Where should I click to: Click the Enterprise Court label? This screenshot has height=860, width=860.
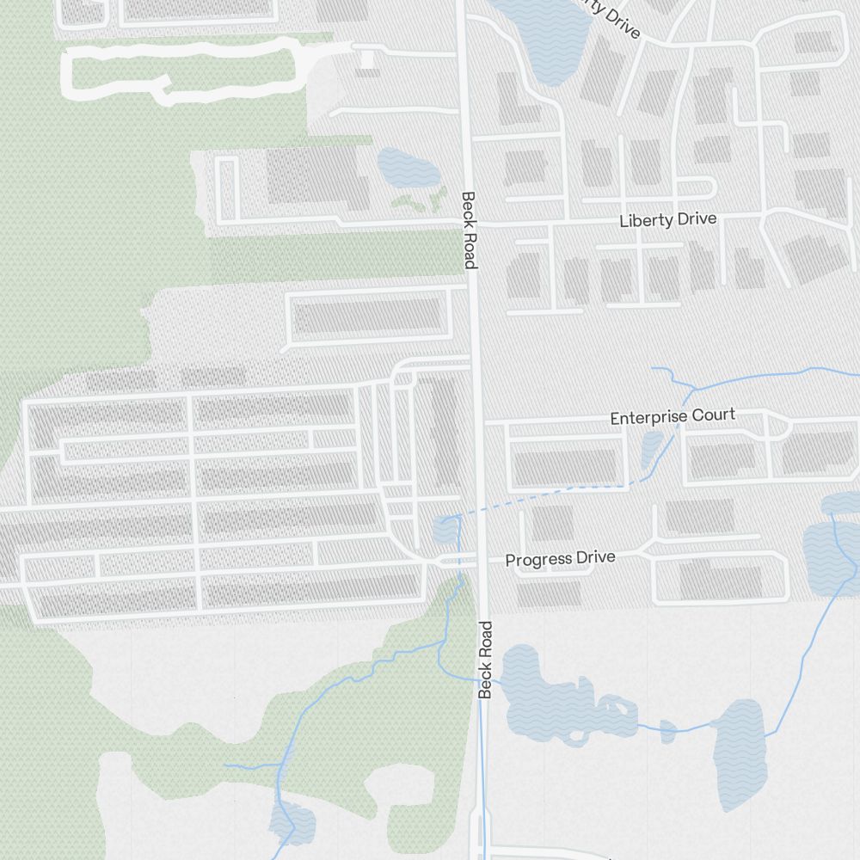click(673, 417)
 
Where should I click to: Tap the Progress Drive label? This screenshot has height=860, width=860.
click(560, 559)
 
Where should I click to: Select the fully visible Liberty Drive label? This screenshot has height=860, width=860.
click(667, 220)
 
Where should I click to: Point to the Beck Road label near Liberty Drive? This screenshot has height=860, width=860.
click(469, 230)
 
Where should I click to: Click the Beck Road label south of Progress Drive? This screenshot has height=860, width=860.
click(485, 659)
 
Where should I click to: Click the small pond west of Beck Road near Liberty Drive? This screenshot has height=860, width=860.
click(396, 169)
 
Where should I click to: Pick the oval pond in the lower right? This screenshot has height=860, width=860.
click(740, 752)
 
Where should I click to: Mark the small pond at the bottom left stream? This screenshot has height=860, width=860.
click(292, 823)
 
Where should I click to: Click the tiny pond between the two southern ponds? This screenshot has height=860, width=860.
click(668, 731)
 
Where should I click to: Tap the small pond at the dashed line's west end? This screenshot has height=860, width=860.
click(445, 531)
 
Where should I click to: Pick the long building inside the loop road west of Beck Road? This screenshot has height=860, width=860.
click(368, 316)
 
